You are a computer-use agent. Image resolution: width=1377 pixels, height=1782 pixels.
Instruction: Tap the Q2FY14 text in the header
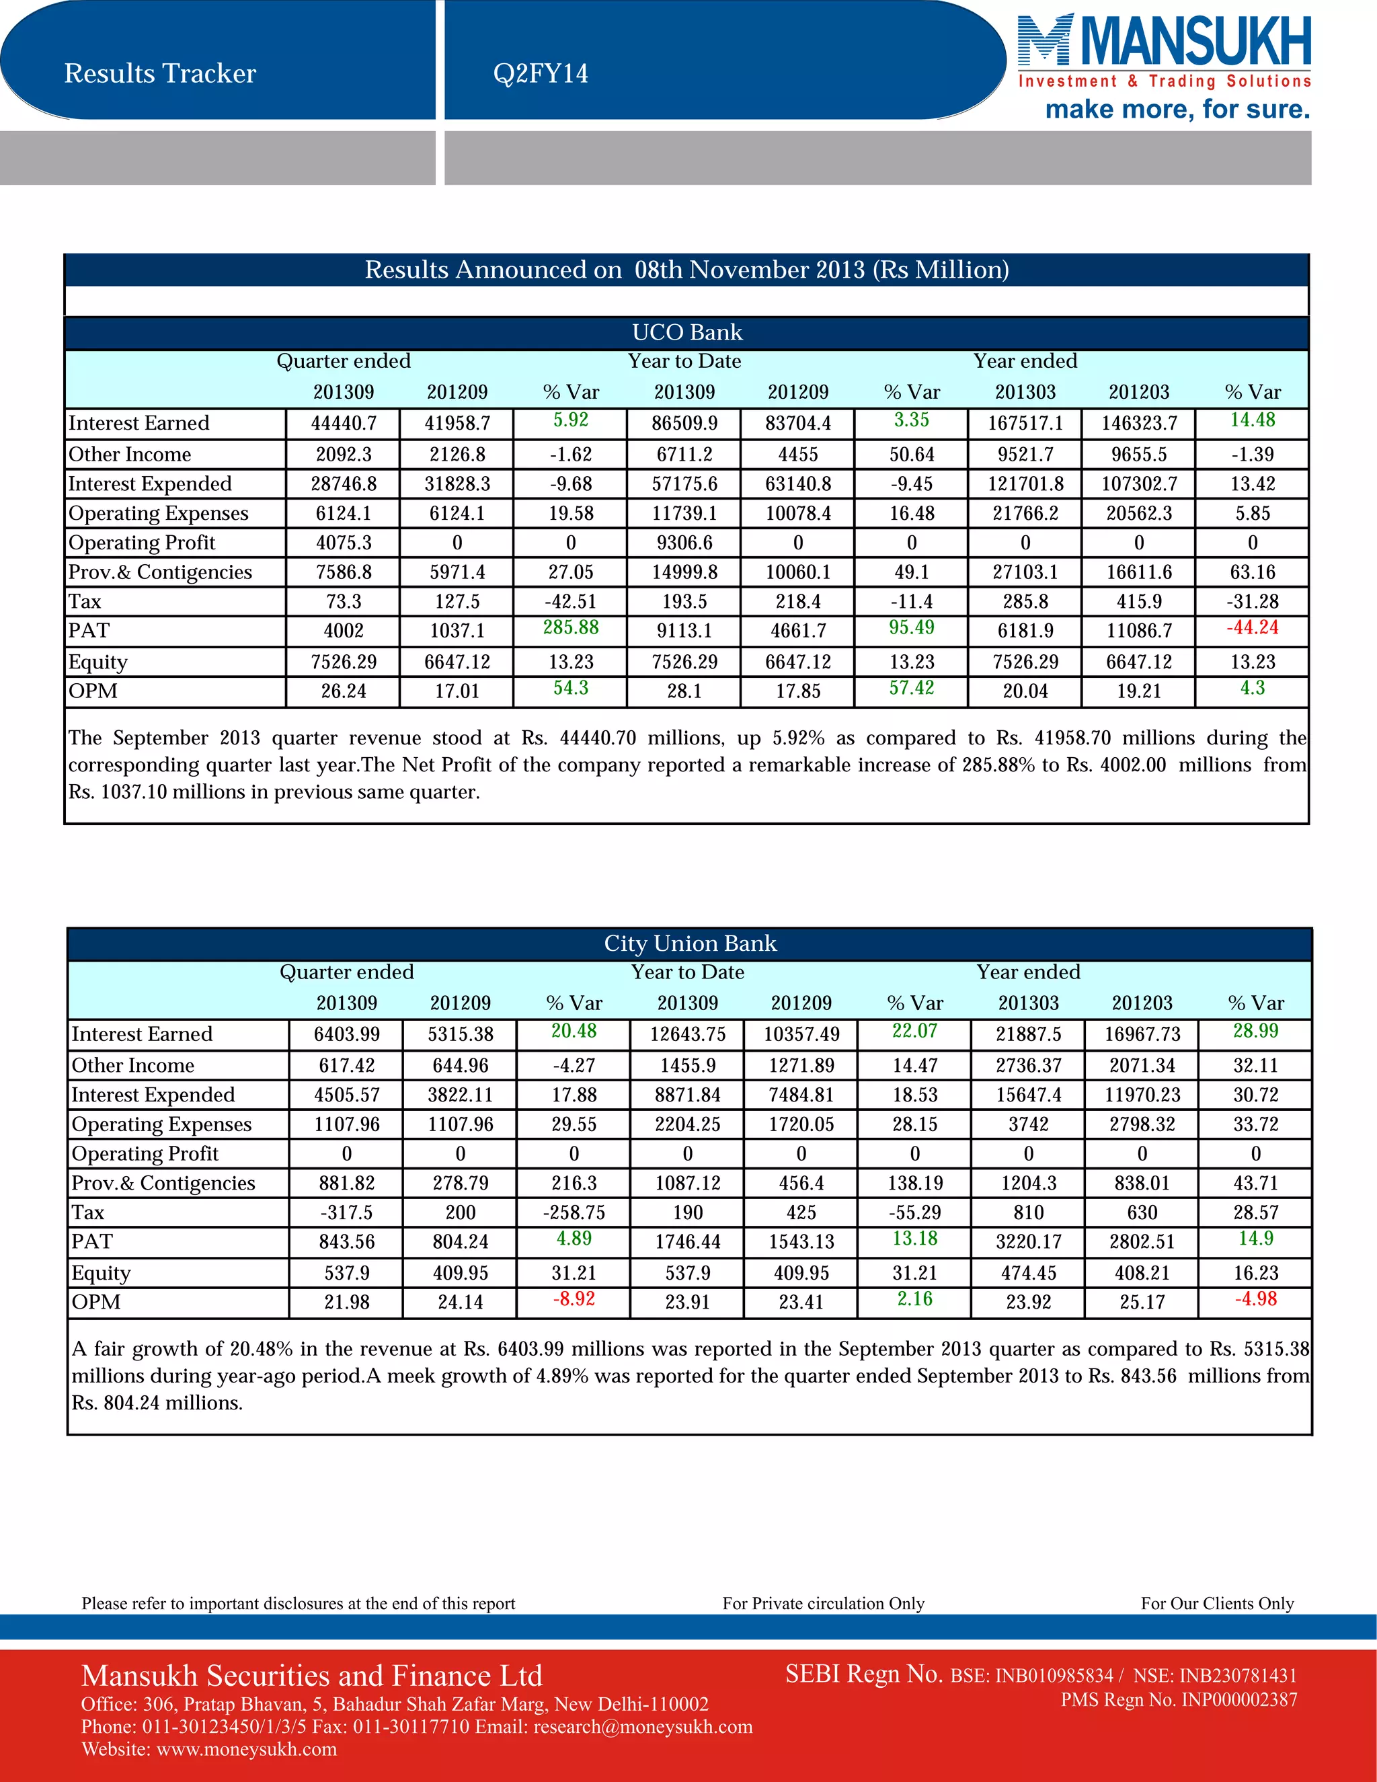click(540, 73)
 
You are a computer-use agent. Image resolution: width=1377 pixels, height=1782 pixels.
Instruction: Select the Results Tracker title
click(160, 73)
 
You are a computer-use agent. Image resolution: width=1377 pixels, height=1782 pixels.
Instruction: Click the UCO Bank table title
click(687, 332)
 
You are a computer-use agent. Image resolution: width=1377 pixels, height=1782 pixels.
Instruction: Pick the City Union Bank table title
click(690, 943)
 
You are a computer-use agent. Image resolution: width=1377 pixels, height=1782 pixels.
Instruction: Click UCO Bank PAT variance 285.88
click(571, 627)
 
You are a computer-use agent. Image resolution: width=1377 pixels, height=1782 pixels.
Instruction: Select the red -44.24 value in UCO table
click(1252, 627)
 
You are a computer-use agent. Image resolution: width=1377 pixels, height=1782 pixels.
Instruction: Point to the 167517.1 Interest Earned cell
click(1025, 424)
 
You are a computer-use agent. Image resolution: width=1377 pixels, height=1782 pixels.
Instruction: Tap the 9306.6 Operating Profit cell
click(684, 543)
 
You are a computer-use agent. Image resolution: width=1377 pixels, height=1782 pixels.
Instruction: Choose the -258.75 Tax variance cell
click(574, 1212)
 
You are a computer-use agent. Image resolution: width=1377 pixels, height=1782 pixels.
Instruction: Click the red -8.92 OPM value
click(574, 1299)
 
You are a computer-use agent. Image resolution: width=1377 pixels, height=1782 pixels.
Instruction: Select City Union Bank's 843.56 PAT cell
click(347, 1242)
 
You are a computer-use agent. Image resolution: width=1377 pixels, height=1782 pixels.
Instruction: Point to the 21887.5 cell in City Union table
click(1029, 1035)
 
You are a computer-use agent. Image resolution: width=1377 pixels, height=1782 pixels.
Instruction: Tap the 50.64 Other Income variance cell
click(912, 455)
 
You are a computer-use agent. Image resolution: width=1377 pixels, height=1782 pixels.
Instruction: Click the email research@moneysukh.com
click(643, 1726)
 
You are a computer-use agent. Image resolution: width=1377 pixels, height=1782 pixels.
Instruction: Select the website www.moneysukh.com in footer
click(246, 1749)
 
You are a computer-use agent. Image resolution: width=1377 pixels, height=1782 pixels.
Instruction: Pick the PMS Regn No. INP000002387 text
click(1179, 1699)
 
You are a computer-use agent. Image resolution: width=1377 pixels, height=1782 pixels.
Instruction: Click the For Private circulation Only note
click(823, 1603)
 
